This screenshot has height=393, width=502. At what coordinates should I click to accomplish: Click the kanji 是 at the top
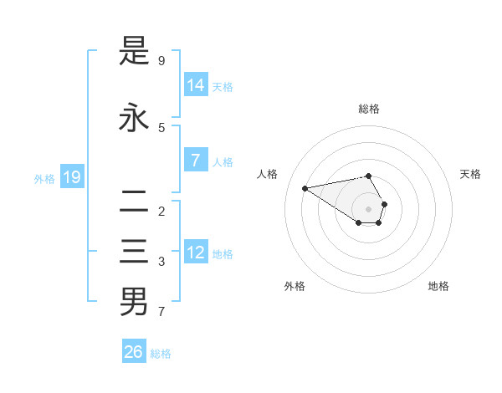coord(134,51)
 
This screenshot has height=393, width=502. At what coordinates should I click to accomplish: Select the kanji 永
coord(134,118)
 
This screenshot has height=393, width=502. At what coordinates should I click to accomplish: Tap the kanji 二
coord(134,202)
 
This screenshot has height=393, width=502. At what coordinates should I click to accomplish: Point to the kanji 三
coord(134,252)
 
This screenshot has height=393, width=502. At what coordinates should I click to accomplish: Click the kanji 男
coord(134,301)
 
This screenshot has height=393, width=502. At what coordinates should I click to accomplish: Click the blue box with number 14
coord(196,84)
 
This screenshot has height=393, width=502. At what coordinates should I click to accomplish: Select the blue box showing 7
coord(196,160)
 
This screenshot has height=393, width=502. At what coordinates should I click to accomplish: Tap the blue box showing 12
coord(196,252)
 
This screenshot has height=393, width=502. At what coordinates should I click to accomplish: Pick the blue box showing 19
coord(72,176)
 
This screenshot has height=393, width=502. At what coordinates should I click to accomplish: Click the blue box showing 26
coord(134,352)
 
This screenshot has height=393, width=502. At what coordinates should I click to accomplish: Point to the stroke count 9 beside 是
coord(161,61)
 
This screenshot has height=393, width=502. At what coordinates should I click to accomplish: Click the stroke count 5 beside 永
coord(161,128)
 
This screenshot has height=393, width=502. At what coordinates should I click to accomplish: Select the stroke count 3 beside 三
coord(161,262)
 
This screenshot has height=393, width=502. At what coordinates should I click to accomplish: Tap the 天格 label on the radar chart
coord(470,174)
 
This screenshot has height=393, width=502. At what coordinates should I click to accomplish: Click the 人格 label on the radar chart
coord(267,174)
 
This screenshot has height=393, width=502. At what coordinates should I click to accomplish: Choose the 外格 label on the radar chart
coord(295,286)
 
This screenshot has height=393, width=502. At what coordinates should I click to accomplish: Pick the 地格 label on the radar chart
coord(438,286)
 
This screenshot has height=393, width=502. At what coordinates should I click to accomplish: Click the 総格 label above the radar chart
coord(369,109)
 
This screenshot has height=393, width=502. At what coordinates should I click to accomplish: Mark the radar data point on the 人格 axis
coord(305,188)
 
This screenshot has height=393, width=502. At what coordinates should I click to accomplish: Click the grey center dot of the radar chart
coord(369,209)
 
